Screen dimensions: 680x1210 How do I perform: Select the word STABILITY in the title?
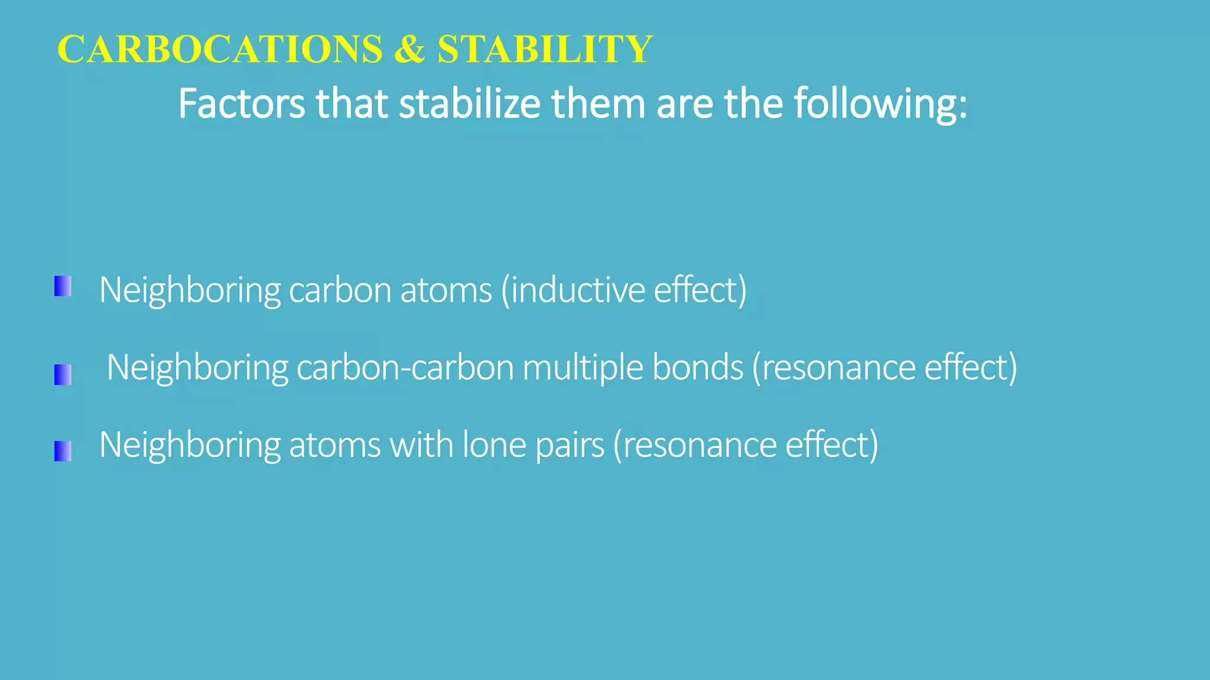pyautogui.click(x=545, y=49)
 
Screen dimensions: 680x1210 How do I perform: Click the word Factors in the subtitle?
pyautogui.click(x=242, y=104)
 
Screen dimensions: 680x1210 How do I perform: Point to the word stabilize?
pyautogui.click(x=470, y=104)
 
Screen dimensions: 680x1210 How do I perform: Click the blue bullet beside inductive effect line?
pyautogui.click(x=63, y=286)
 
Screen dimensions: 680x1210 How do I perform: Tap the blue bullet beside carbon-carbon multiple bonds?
pyautogui.click(x=63, y=375)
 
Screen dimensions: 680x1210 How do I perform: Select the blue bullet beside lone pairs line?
pyautogui.click(x=63, y=451)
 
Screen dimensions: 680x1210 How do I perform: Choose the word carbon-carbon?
pyautogui.click(x=405, y=367)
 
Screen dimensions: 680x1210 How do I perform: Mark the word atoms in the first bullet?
pyautogui.click(x=446, y=290)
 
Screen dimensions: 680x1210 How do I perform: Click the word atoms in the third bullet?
pyautogui.click(x=334, y=444)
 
